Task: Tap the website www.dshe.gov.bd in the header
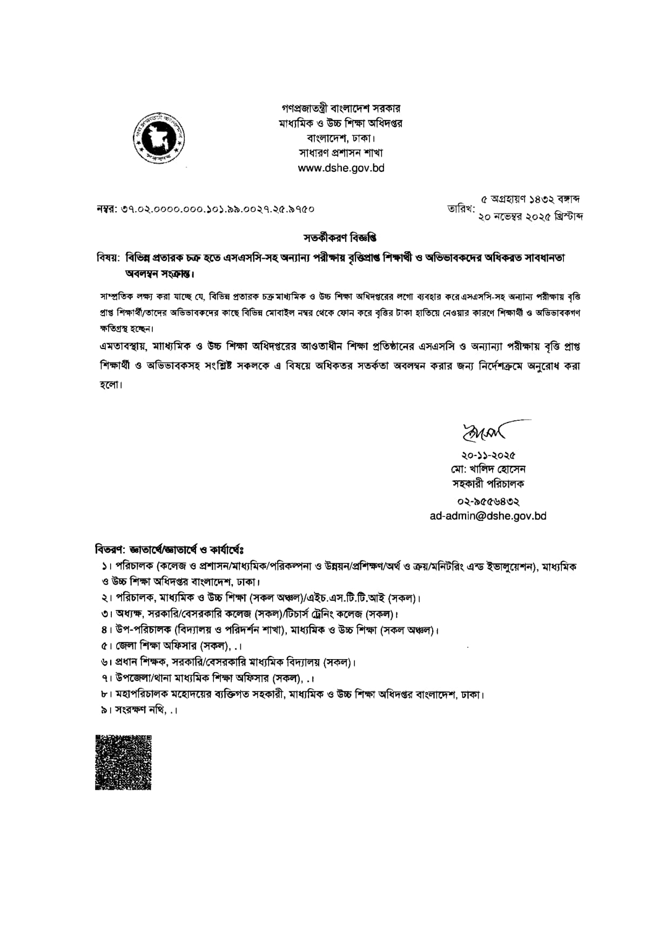[341, 168]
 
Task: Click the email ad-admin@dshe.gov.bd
[488, 516]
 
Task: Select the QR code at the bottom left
[123, 762]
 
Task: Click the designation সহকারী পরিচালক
[488, 483]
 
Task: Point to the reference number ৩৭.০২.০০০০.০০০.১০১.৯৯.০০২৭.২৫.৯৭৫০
[205, 209]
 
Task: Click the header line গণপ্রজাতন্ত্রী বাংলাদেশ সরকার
[341, 109]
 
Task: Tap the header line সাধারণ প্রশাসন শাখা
[341, 153]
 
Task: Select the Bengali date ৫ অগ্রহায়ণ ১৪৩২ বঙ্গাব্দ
[530, 199]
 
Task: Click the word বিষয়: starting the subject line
[107, 258]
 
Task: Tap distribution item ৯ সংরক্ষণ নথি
[138, 710]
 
